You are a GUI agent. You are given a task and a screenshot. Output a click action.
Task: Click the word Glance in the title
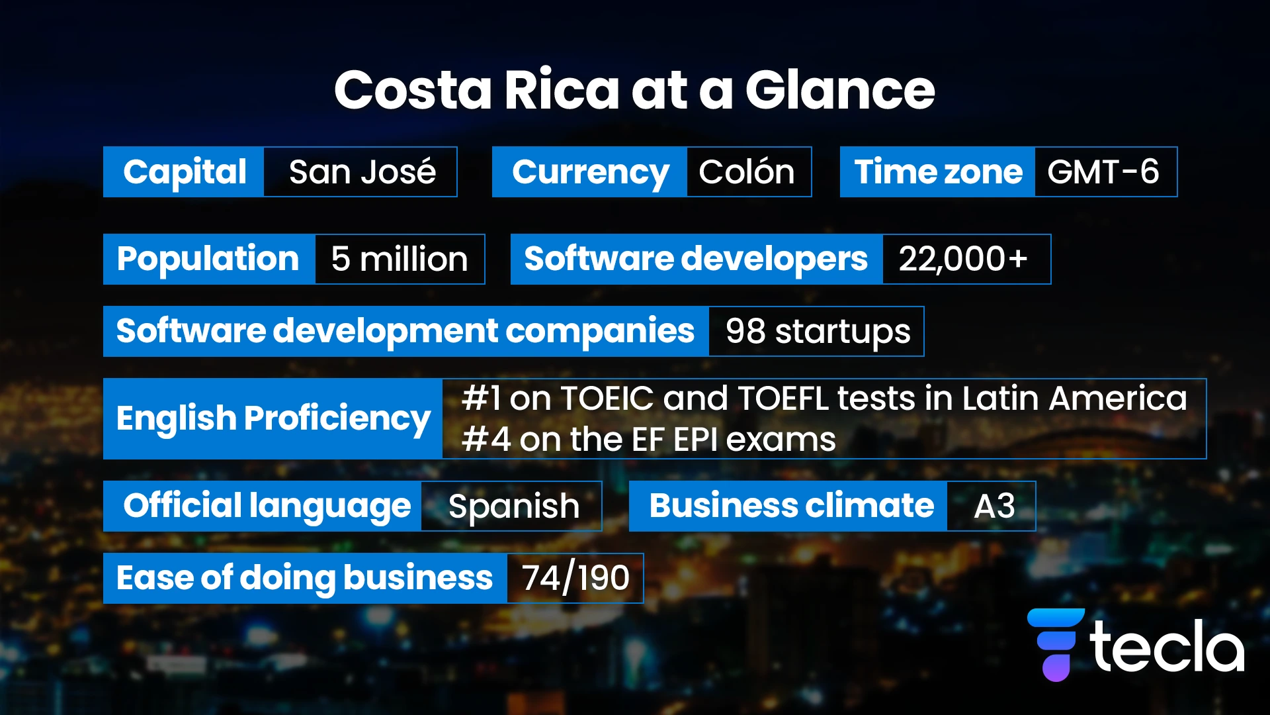click(840, 90)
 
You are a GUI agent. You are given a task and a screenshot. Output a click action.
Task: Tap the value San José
click(362, 172)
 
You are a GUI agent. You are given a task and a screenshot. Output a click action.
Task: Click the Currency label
click(590, 172)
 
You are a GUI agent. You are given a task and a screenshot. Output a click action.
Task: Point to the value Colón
click(747, 172)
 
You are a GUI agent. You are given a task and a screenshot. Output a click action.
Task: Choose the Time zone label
click(938, 172)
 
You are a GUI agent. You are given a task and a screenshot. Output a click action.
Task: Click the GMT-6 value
click(1103, 172)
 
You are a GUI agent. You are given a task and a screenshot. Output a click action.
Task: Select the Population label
click(208, 259)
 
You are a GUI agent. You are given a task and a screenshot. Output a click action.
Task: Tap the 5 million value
click(400, 259)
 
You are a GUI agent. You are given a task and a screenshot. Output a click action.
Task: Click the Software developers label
click(696, 259)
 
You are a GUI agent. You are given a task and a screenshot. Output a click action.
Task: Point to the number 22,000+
click(963, 259)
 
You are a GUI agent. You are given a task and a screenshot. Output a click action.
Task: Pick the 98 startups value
click(818, 331)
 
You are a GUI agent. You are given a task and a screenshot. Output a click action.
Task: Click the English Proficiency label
click(273, 418)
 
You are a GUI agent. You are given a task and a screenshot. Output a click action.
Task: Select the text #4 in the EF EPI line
click(486, 440)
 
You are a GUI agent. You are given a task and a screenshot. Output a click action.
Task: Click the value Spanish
click(514, 506)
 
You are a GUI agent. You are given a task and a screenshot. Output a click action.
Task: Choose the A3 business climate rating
click(994, 506)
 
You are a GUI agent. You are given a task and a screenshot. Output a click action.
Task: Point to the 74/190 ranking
click(575, 578)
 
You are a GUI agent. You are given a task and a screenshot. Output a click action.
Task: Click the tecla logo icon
click(1056, 644)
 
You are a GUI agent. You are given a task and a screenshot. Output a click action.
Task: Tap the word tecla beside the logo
click(1168, 647)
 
